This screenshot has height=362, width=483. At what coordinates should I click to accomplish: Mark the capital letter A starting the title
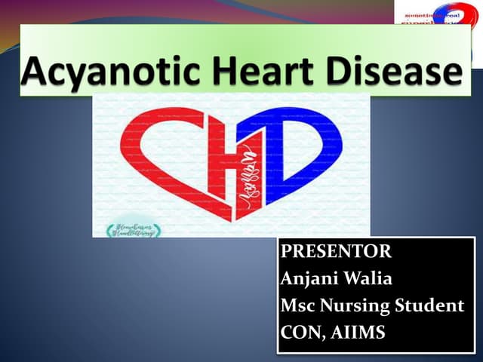pyautogui.click(x=35, y=72)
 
